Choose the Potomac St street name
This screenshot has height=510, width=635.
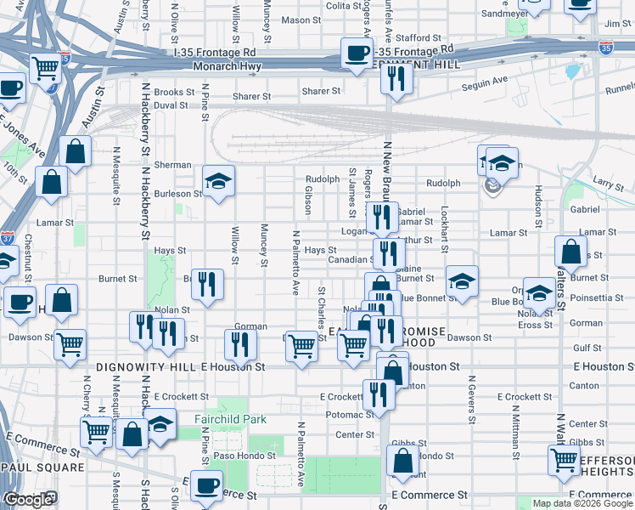pos(350,415)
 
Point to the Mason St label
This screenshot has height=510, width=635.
pos(301,20)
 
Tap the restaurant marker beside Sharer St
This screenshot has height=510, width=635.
pos(396,77)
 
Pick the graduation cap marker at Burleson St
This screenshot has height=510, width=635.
pos(218,181)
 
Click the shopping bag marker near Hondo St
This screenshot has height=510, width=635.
pos(402,461)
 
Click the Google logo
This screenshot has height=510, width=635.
pos(28,499)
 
